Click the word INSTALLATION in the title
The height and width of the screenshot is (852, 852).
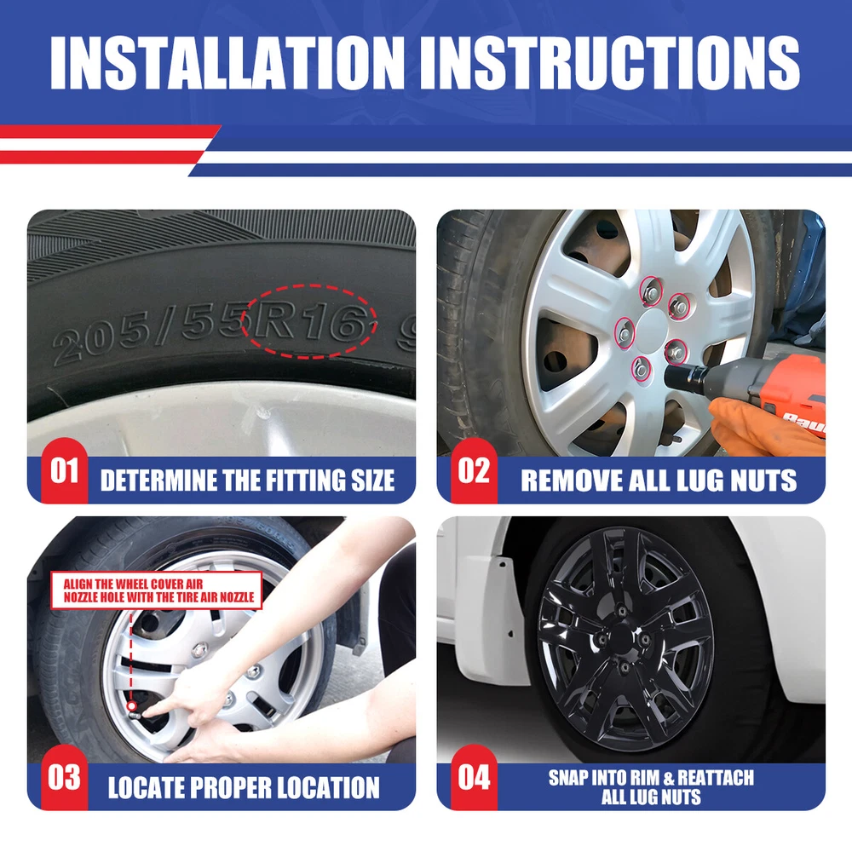coord(227,63)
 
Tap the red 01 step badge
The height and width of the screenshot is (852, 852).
coord(64,470)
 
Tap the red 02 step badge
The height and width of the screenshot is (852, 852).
coord(474,470)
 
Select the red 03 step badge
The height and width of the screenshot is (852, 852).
coord(64,778)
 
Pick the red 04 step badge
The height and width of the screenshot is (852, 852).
coord(474,778)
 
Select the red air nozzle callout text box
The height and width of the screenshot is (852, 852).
coord(157,590)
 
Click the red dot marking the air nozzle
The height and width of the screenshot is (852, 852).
coord(131,706)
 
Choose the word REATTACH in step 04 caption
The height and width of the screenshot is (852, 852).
coord(716,778)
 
